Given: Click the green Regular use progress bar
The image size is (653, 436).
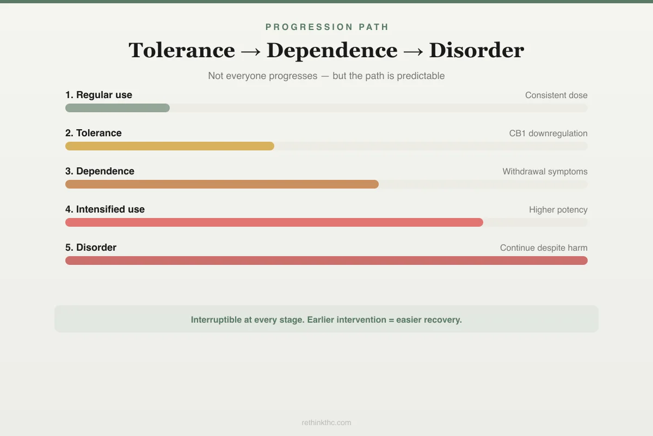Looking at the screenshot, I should [118, 108].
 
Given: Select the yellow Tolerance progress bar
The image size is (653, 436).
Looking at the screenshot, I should [170, 146].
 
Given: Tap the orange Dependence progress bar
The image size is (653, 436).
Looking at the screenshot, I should [222, 184].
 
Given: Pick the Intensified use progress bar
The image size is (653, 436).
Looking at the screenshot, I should [274, 222].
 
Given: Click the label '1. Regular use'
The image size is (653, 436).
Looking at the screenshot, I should [98, 95].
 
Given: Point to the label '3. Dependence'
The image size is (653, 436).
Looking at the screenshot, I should [100, 171].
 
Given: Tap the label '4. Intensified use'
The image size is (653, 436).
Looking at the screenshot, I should [105, 209].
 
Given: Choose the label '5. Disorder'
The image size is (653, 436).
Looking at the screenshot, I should [91, 247].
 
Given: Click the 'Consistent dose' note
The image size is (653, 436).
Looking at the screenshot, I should [556, 95].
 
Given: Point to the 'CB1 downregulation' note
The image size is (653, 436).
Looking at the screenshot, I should [548, 134].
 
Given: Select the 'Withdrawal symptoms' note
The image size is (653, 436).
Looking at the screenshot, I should [545, 172].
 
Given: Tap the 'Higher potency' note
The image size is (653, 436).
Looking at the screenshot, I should [558, 210].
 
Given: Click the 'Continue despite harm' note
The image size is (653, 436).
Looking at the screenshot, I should [544, 248].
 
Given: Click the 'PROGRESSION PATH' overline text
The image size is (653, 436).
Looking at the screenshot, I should [326, 27].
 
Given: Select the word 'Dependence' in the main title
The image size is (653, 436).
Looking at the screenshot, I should [332, 51].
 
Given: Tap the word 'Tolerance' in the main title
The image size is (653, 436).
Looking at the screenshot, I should [182, 51].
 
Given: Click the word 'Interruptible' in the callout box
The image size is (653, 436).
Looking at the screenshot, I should [216, 320].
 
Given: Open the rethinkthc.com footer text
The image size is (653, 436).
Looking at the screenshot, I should [326, 422].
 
